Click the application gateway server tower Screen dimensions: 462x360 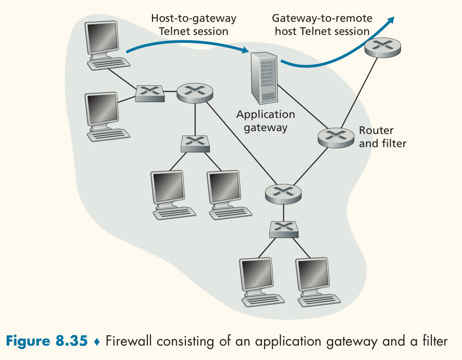point(264,78)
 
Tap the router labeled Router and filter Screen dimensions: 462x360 point(336,138)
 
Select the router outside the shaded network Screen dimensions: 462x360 point(383,48)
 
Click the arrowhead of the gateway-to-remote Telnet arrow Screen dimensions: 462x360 point(391,20)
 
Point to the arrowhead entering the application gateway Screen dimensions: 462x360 point(245,50)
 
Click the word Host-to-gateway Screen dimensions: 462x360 point(193,18)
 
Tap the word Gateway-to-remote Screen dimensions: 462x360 point(322,18)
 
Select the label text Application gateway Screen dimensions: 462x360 point(265,121)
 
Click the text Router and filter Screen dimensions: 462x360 point(382,137)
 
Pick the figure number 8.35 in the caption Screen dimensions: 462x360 point(71,341)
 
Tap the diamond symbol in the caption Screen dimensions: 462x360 point(97,342)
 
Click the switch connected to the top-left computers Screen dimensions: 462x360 point(149,94)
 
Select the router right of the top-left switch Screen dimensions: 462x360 point(195,93)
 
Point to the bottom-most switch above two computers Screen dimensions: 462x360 point(284,230)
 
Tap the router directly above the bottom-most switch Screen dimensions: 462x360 point(283,194)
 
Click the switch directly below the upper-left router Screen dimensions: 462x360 point(195,144)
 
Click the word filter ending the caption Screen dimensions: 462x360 point(435,341)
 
